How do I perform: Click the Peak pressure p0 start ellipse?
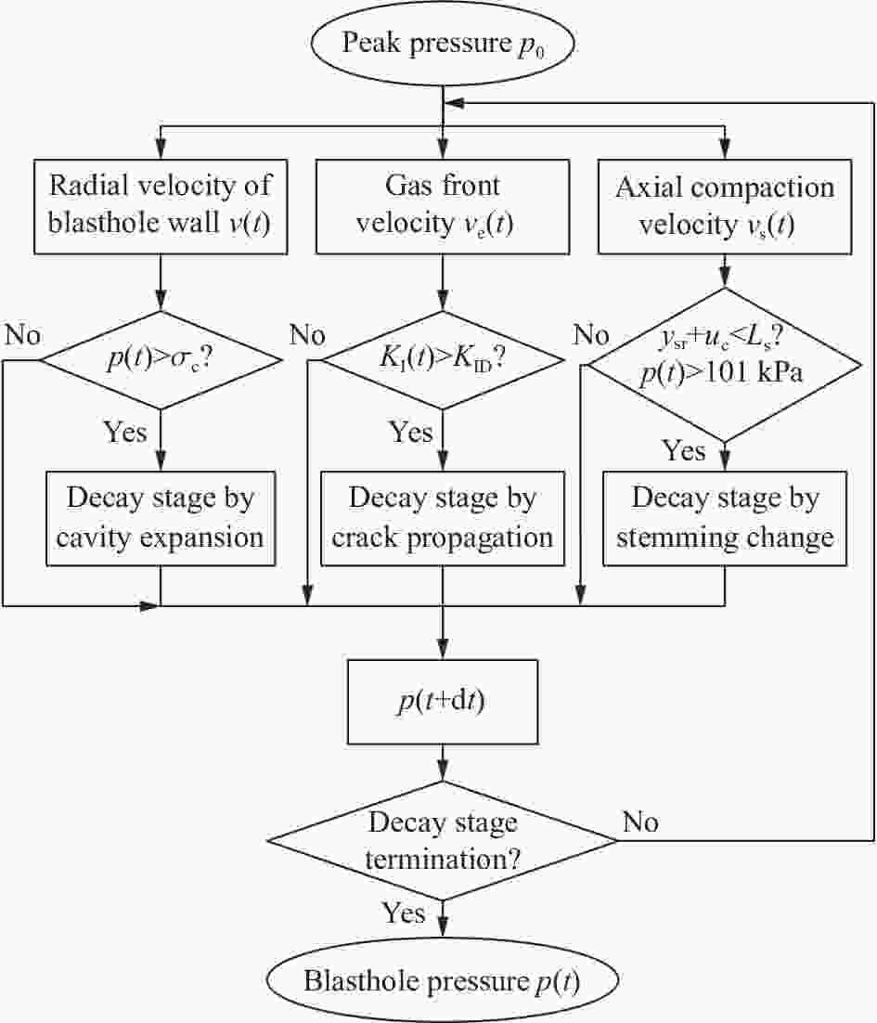[x=443, y=44]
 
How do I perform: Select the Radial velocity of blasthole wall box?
[x=161, y=206]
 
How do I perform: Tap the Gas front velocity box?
[x=443, y=206]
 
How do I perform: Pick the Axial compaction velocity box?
[x=725, y=206]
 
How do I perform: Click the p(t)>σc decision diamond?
[x=161, y=359]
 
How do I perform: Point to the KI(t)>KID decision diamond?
[x=443, y=359]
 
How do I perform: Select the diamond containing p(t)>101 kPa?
[x=725, y=365]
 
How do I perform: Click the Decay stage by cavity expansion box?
[x=161, y=518]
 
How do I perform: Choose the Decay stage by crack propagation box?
[x=443, y=518]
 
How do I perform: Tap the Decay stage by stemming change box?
[x=725, y=518]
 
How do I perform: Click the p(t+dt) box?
[x=443, y=702]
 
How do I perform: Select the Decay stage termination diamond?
[x=443, y=840]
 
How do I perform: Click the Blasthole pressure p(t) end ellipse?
[x=443, y=980]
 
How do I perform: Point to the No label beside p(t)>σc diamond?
[x=23, y=335]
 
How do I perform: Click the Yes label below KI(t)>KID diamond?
[x=411, y=432]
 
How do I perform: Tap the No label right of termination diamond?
[x=640, y=822]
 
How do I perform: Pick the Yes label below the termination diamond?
[x=404, y=913]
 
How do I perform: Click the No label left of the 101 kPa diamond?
[x=591, y=335]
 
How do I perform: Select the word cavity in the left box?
[x=94, y=537]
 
